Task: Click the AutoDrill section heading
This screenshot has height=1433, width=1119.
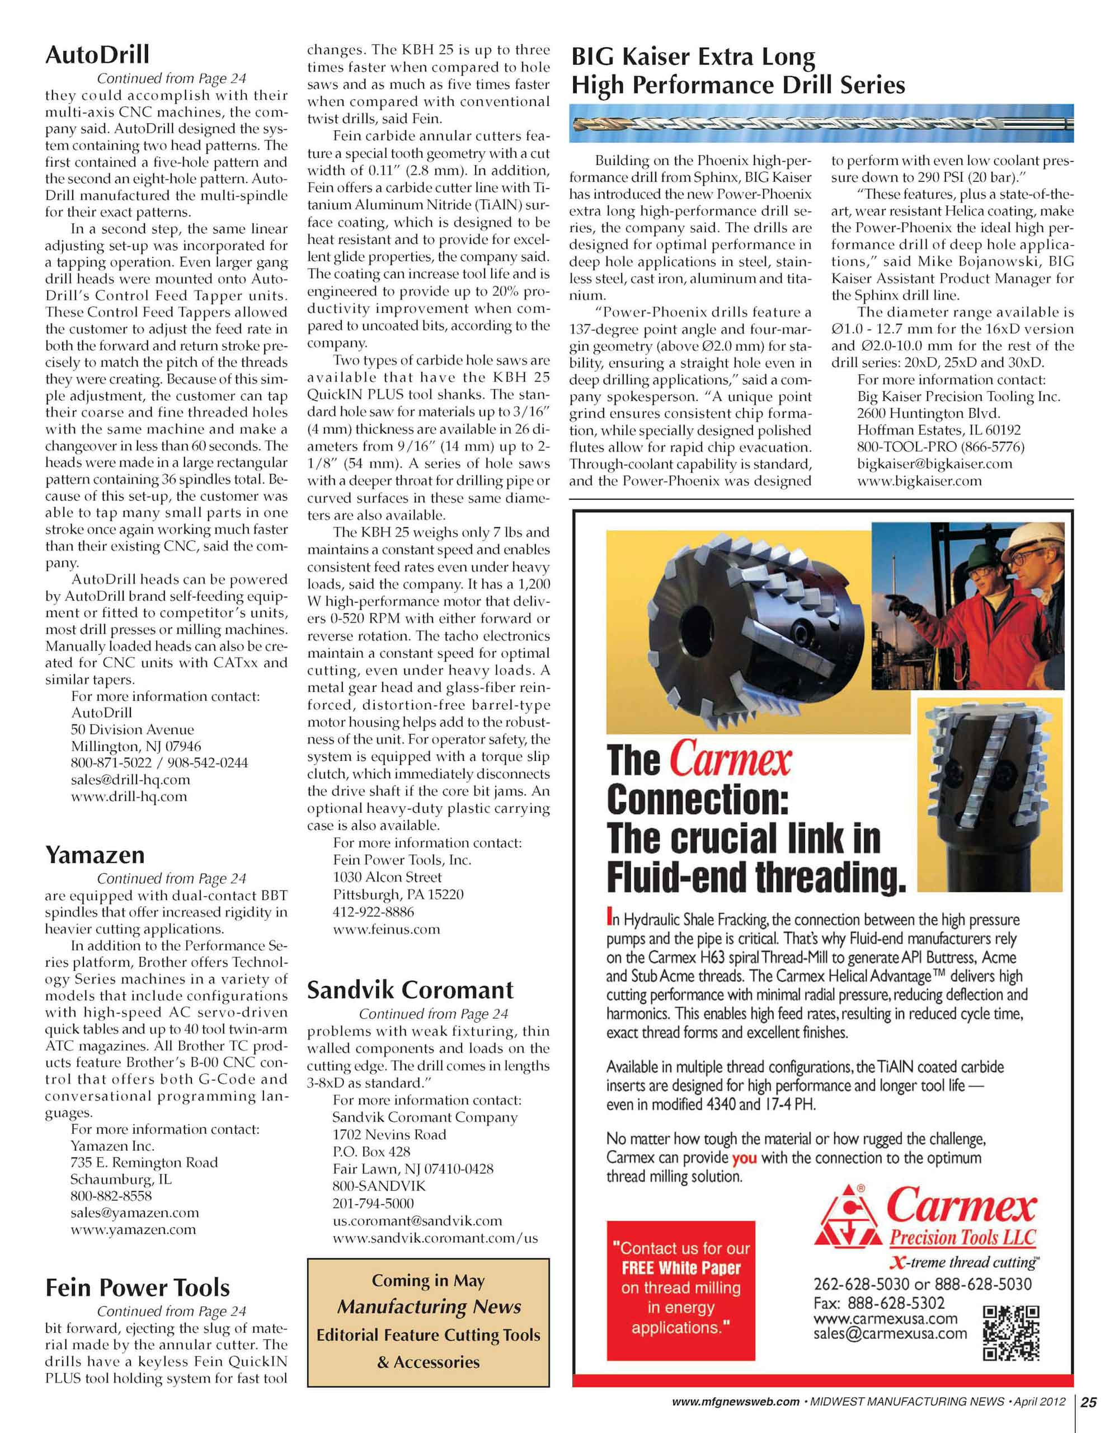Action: tap(97, 54)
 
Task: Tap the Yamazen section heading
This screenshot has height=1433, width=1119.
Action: tap(95, 855)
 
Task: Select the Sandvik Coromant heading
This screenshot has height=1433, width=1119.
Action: tap(410, 990)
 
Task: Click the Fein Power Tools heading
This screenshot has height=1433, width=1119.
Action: tap(137, 1288)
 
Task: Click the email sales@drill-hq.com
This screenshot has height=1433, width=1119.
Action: tap(130, 780)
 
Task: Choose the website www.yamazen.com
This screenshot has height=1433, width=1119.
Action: tap(133, 1230)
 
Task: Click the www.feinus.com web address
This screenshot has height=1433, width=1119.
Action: tap(387, 929)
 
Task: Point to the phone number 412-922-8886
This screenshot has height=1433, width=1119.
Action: tap(373, 912)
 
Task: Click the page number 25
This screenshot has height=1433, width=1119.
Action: tap(1088, 1402)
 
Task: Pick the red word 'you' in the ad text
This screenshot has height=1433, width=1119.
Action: tap(744, 1158)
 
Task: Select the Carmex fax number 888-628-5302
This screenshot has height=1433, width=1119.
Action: tap(896, 1303)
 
